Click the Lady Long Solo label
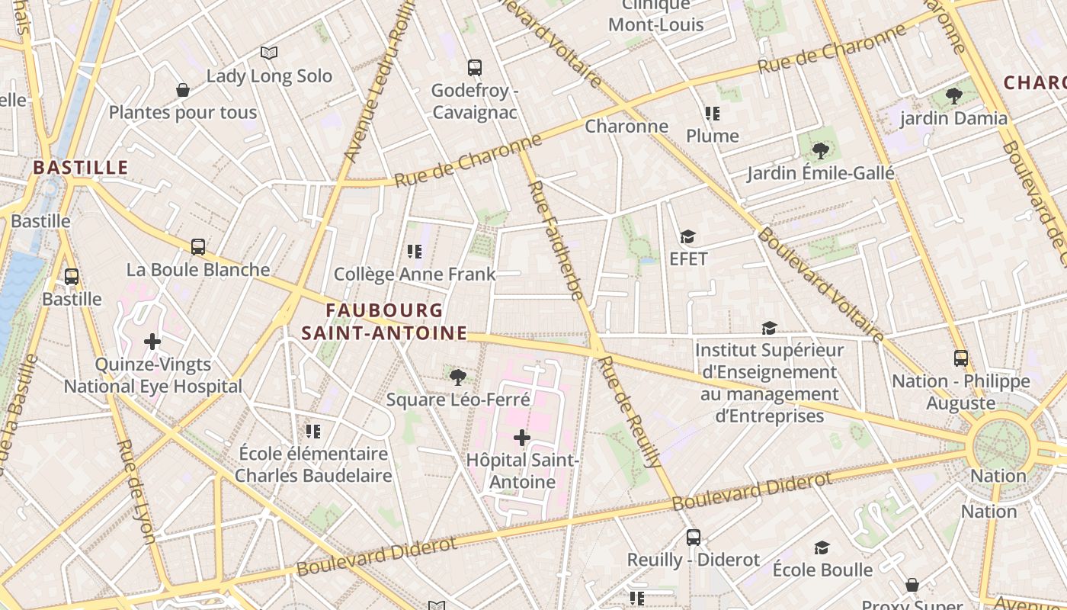(269, 76)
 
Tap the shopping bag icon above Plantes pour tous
(183, 90)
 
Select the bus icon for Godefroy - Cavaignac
(474, 67)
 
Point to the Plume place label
(713, 136)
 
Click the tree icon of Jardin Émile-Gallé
(820, 150)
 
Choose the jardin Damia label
(953, 118)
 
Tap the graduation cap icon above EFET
(688, 236)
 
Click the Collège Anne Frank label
(415, 274)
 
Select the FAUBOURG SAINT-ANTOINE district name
(384, 322)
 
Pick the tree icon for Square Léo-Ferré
(458, 377)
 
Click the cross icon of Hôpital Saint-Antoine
(522, 438)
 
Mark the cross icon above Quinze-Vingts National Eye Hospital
(152, 342)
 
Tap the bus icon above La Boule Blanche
(198, 246)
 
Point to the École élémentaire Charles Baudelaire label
(312, 464)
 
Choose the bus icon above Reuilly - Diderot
(693, 537)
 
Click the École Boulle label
(822, 570)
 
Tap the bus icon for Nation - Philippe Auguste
(961, 358)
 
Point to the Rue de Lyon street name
(138, 492)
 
